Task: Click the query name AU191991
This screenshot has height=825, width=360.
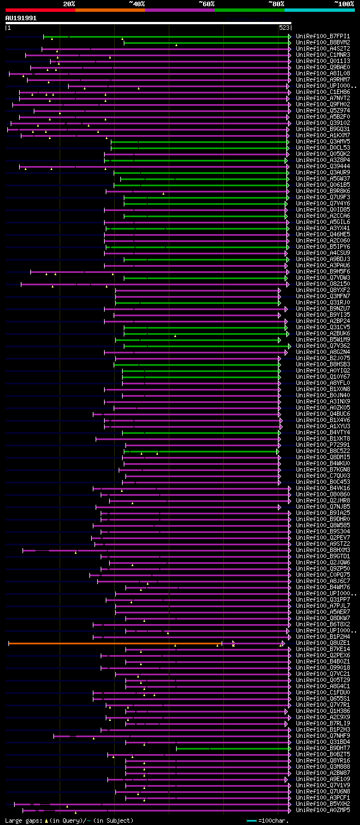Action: (21, 18)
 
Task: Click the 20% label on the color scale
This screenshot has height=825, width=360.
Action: (69, 4)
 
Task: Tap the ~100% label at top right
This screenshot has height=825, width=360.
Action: (344, 4)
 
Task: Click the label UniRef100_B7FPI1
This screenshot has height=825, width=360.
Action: (322, 36)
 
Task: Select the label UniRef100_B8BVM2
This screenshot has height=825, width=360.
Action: (322, 42)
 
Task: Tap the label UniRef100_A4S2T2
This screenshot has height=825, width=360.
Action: (322, 48)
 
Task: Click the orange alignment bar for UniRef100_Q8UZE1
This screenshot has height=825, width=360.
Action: (112, 643)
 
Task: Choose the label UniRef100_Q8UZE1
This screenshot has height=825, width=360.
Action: (322, 643)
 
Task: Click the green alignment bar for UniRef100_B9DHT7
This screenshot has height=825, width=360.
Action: (231, 748)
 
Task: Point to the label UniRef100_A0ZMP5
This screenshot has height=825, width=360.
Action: (322, 810)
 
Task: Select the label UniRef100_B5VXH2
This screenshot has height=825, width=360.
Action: (322, 804)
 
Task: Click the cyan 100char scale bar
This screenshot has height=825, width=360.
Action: (251, 820)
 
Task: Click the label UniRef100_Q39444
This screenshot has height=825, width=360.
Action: (322, 166)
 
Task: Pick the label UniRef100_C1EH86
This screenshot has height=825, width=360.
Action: (322, 92)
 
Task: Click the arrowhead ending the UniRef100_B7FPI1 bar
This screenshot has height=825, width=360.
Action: (289, 36)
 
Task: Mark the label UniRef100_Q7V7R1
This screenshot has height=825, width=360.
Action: (322, 705)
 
